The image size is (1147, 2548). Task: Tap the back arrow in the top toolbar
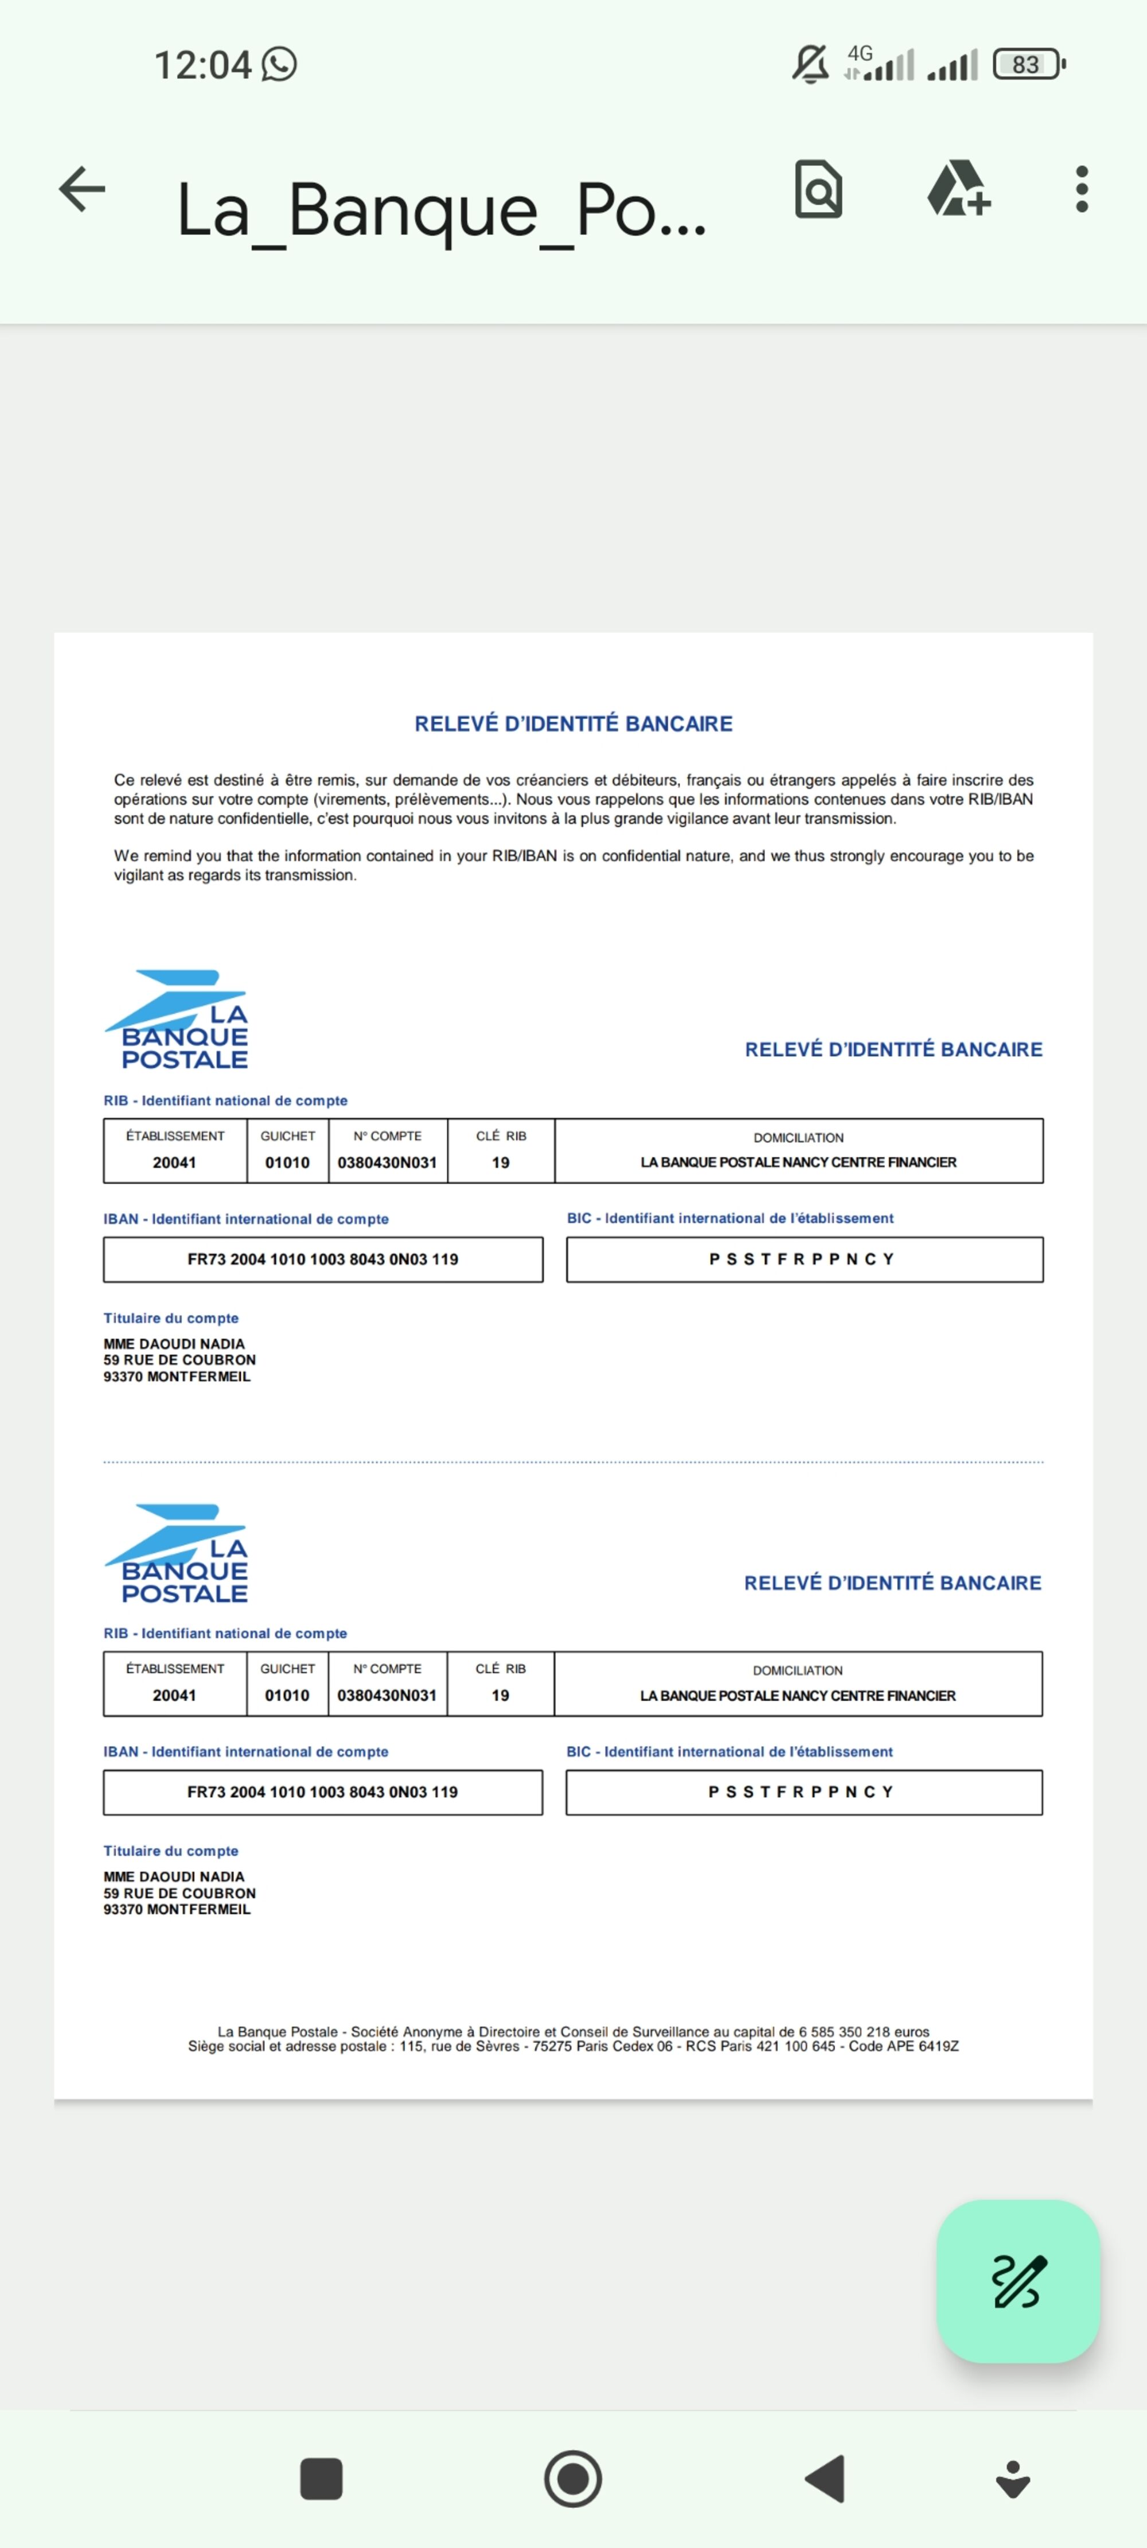[x=82, y=189]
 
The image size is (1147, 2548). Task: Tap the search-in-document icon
[x=818, y=189]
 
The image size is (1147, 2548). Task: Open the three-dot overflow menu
[x=1082, y=189]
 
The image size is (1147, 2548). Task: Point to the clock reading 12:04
[x=203, y=65]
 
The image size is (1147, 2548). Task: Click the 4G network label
[x=860, y=53]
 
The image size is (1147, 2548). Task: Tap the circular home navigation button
[x=573, y=2479]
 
